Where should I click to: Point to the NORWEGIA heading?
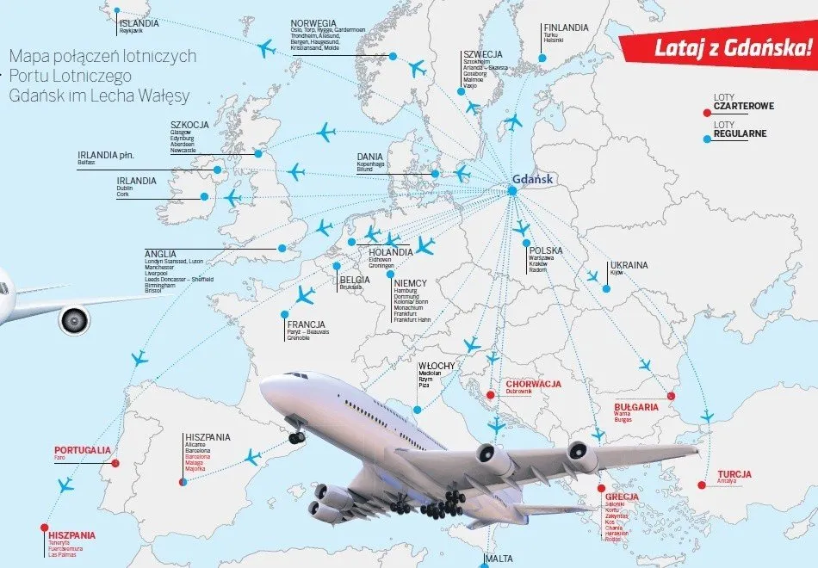tap(314, 22)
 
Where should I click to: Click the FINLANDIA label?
tap(566, 28)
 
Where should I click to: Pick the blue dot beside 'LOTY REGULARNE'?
tap(707, 138)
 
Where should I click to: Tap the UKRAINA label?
tap(629, 265)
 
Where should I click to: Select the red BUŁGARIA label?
tap(636, 406)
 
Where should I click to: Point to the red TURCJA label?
tap(734, 474)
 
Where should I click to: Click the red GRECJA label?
tap(621, 497)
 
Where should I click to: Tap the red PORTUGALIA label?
tap(82, 449)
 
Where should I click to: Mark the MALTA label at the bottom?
tap(499, 559)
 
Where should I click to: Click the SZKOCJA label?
tap(189, 124)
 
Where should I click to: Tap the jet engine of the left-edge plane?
tap(74, 321)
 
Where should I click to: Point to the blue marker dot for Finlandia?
tap(542, 58)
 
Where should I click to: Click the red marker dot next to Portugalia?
tap(115, 463)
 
